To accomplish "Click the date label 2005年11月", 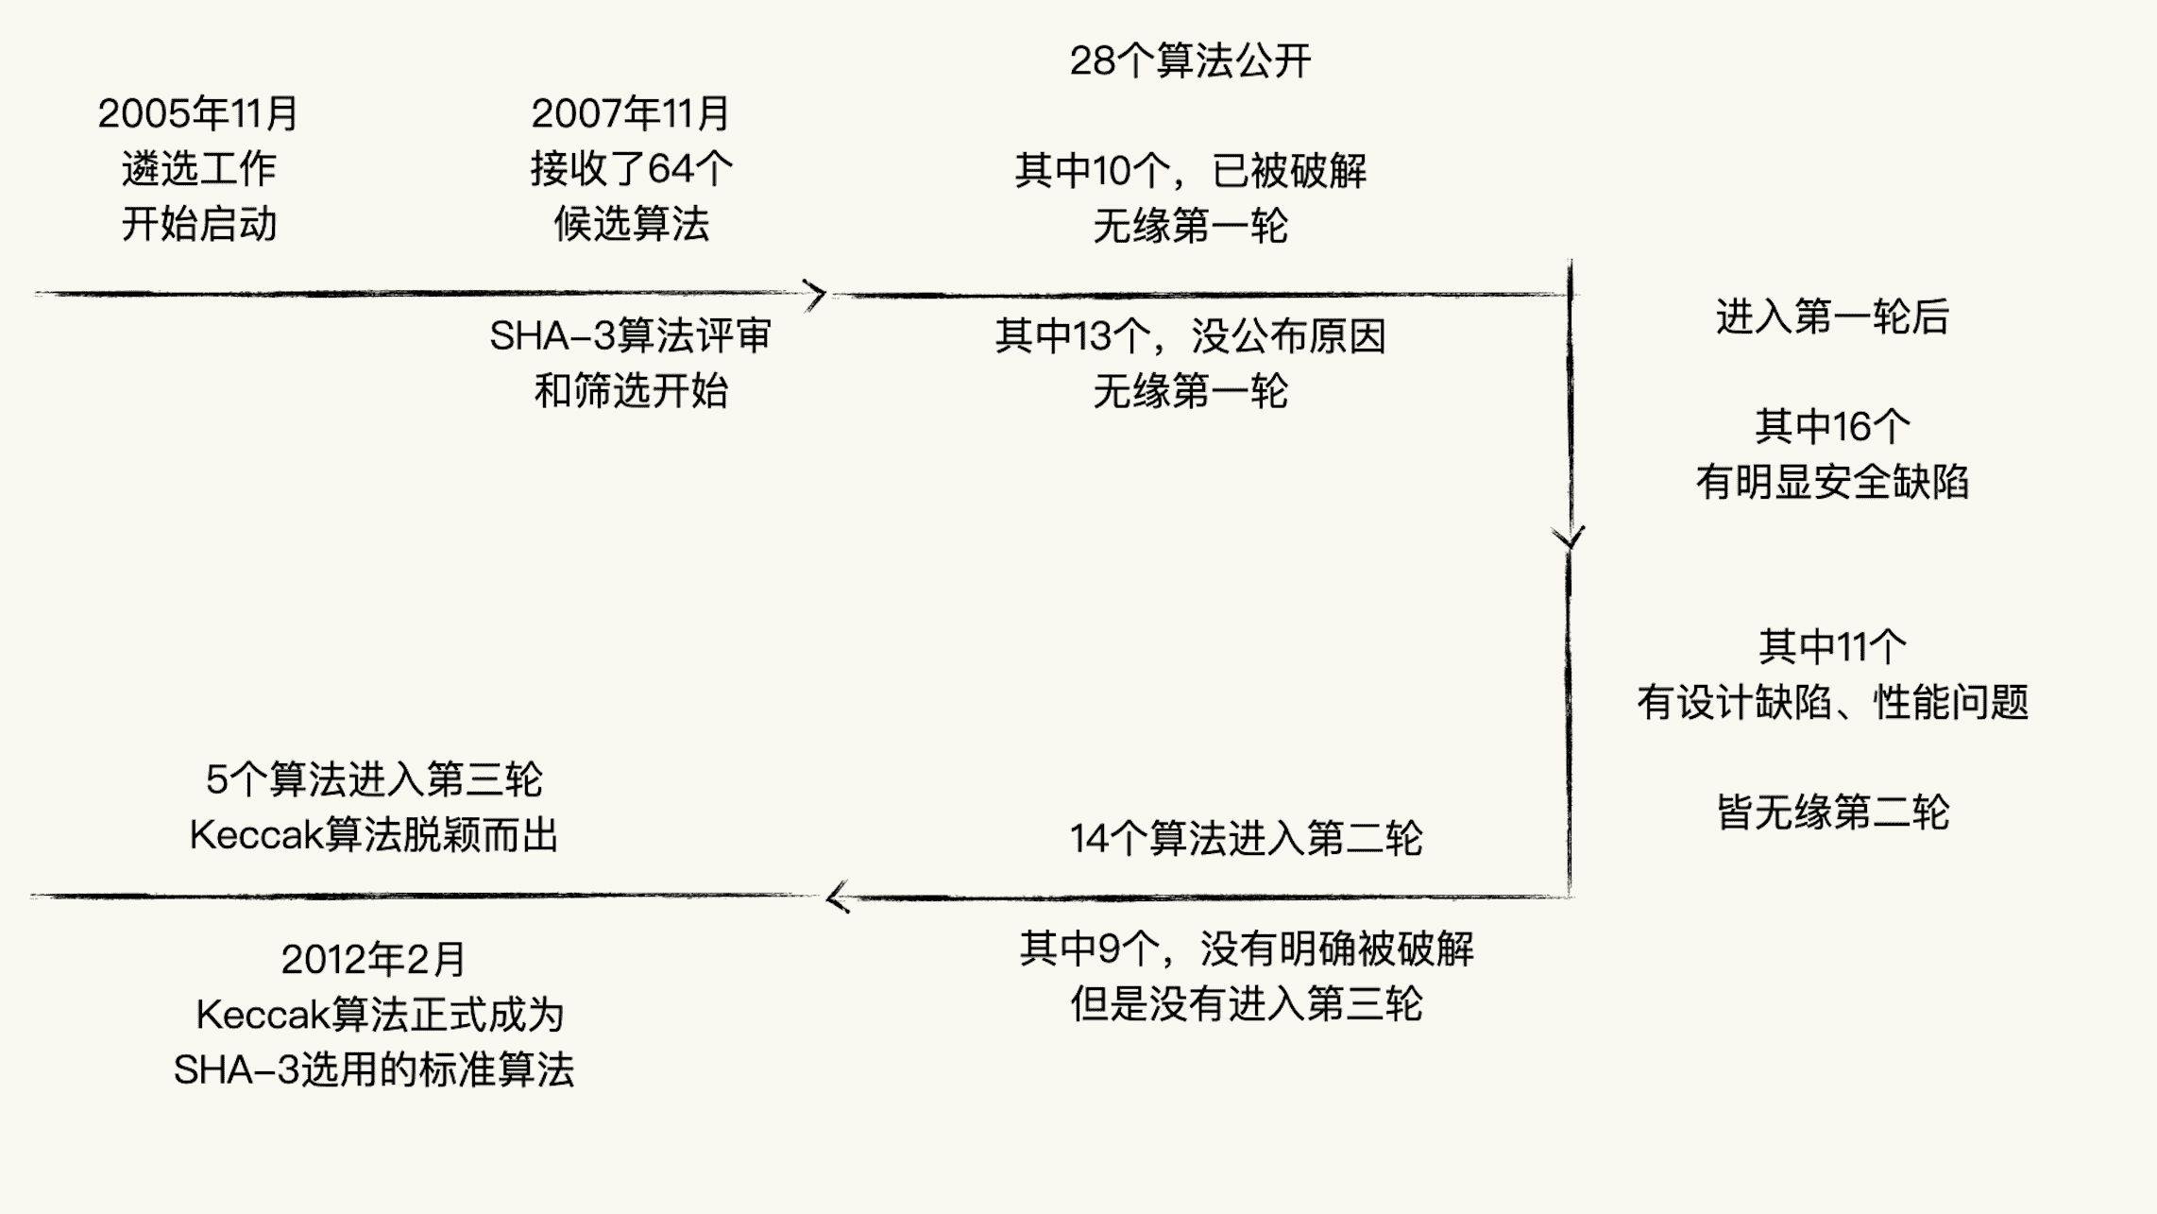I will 198,114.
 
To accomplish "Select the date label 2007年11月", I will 631,114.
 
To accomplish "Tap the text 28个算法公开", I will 1190,61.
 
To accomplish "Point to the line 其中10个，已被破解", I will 1190,171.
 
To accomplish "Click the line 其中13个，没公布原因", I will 1190,336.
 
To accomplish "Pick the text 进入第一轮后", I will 1832,316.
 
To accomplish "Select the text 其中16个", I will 1832,427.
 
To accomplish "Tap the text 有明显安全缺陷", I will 1832,482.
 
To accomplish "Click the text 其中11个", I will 1832,647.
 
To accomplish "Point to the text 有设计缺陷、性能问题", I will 1832,702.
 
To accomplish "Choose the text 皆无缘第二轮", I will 1832,812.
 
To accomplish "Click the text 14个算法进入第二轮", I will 1246,839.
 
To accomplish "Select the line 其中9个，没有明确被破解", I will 1246,949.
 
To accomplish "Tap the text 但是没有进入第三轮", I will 1246,1003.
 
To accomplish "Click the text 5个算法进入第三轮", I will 374,779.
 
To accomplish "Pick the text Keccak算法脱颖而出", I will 374,835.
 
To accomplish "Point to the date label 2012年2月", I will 374,960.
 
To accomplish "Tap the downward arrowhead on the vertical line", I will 1569,539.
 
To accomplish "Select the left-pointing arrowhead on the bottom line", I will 837,898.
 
